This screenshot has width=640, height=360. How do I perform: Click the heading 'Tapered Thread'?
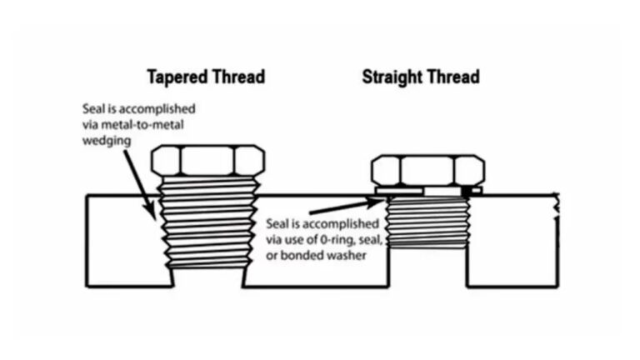(206, 77)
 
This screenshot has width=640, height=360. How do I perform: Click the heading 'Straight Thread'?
(421, 77)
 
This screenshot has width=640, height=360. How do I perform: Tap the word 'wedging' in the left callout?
(107, 141)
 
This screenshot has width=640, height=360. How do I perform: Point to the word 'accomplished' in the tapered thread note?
(157, 109)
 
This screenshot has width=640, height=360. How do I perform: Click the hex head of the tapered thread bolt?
(207, 160)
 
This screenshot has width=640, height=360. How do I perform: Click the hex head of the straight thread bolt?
(427, 170)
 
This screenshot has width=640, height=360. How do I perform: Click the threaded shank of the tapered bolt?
(208, 222)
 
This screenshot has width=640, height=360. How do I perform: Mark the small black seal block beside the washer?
(466, 191)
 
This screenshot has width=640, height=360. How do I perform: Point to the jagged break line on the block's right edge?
(556, 206)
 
